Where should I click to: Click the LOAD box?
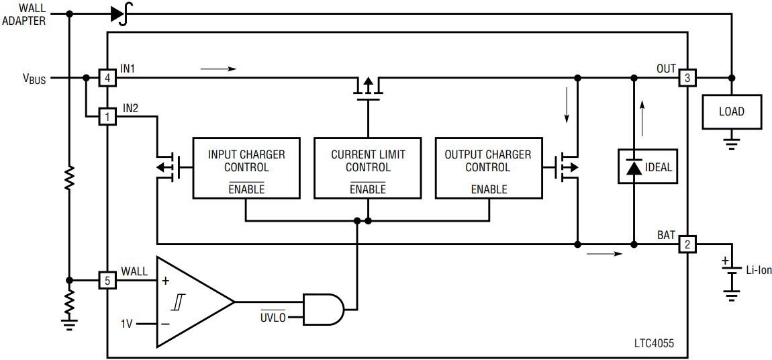point(732,111)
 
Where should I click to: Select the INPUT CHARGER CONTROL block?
point(246,168)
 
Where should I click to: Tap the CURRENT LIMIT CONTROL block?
point(368,168)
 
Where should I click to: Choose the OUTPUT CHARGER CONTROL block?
point(488,168)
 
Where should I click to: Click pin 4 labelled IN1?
point(107,79)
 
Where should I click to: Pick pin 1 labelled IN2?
point(107,117)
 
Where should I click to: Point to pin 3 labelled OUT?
point(687,79)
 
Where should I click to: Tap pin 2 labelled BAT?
point(687,244)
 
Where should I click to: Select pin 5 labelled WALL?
point(107,279)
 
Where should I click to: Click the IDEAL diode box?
point(647,167)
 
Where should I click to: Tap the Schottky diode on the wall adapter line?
point(120,13)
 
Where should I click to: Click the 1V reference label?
point(127,324)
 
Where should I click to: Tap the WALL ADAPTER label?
point(24,14)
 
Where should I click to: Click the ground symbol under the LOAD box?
point(732,142)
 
